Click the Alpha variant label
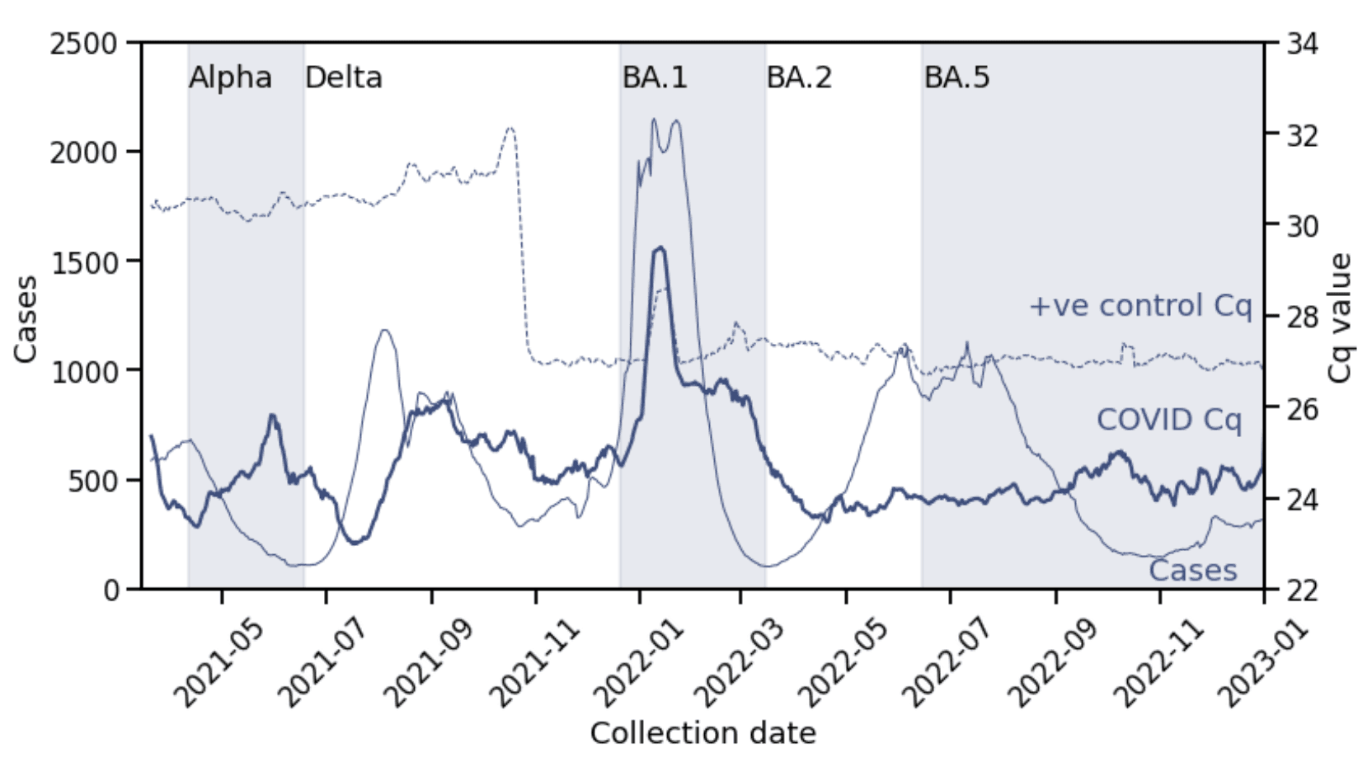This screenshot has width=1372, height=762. (230, 78)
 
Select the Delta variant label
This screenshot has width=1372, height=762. (344, 78)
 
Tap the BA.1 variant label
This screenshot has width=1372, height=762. (655, 78)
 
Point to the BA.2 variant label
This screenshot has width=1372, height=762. (799, 78)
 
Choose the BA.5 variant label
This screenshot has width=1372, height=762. (956, 78)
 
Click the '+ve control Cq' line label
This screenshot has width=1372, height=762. (1140, 306)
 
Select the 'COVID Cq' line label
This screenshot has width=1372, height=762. (1168, 420)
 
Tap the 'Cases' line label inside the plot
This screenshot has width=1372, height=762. (1193, 571)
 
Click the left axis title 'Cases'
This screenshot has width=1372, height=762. (26, 318)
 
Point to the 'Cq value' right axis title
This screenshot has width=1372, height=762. (1341, 318)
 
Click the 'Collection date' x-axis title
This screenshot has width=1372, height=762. (703, 733)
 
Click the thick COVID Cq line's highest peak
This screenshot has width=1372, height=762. (660, 247)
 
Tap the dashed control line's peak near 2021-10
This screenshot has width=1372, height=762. (510, 128)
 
